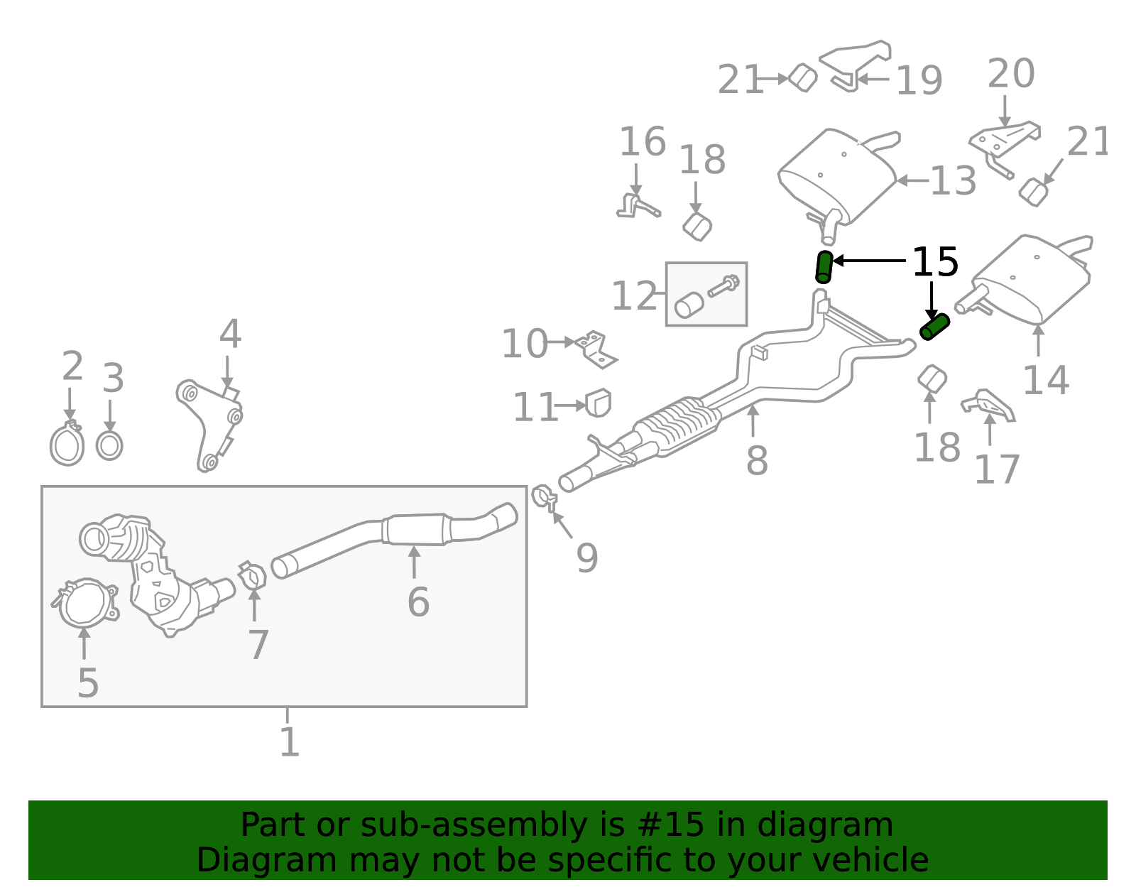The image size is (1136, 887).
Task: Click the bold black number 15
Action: click(934, 263)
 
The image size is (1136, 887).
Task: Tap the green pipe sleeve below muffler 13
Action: click(824, 267)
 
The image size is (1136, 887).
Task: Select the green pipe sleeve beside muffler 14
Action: click(934, 327)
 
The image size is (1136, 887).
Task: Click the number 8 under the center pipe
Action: click(757, 461)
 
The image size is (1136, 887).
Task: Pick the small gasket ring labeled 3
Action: click(109, 446)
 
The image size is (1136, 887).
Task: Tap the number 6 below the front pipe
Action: click(418, 602)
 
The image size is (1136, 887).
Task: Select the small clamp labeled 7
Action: click(252, 576)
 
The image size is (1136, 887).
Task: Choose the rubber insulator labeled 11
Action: click(599, 403)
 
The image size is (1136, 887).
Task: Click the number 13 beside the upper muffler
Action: click(953, 181)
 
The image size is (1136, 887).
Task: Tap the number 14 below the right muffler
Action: click(1045, 381)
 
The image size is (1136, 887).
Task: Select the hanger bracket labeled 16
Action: click(636, 206)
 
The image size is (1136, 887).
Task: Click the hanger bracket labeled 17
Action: click(988, 406)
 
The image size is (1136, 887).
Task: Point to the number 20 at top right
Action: click(1011, 74)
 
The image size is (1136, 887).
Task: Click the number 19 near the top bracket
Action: click(919, 81)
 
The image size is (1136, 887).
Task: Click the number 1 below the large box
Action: click(289, 742)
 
